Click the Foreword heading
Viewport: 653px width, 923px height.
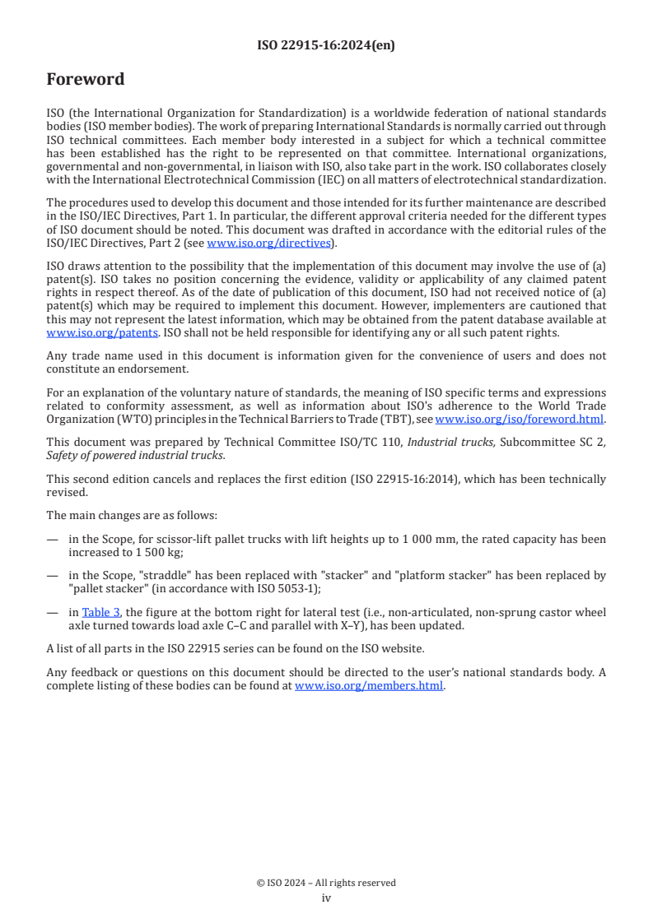(86, 80)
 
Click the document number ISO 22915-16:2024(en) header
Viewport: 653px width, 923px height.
(326, 46)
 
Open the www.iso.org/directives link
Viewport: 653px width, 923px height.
(268, 243)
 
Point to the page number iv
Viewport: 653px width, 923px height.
(326, 897)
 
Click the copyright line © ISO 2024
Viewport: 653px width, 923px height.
(326, 883)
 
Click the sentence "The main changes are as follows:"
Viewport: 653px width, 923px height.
(132, 515)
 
